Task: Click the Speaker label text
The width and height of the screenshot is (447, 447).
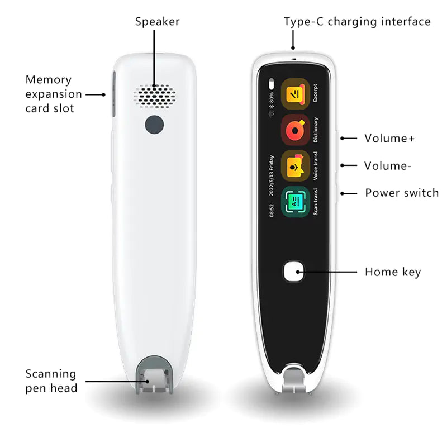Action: coord(157,22)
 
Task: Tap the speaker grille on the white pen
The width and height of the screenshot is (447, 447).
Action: coord(154,97)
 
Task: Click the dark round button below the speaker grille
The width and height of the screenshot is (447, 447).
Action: coord(154,125)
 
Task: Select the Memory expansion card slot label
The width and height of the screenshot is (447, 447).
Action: coord(54,94)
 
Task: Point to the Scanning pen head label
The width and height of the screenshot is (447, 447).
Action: coord(51,381)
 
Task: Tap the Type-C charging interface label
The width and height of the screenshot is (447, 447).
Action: coord(357,22)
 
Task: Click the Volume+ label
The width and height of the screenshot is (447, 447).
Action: coord(389,138)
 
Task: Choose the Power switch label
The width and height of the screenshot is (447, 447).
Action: coord(402,193)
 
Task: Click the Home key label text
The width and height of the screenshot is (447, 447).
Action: coord(392,272)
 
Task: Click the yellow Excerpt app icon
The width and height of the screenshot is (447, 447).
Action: coord(294,93)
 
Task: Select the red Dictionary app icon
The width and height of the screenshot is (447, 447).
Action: coord(294,129)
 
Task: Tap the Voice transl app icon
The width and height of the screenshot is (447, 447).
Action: coord(294,165)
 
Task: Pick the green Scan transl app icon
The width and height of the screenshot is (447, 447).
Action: coord(294,202)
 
